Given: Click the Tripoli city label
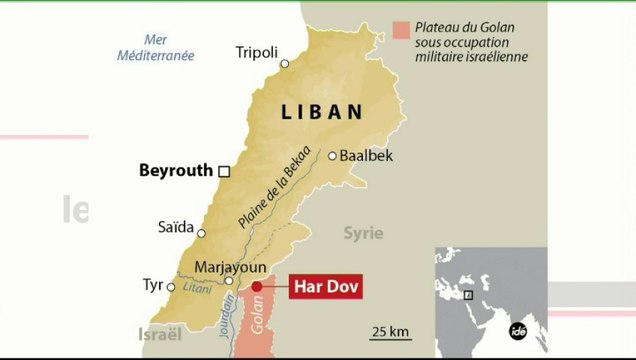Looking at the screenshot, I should coord(256,52).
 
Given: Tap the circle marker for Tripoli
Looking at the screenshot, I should coord(284,64).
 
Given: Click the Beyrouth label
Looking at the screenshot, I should coord(176,171).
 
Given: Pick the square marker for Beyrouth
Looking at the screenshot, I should coord(224,171).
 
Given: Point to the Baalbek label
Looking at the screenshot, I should coord(366,156).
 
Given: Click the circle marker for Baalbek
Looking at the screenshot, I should coord(332,155).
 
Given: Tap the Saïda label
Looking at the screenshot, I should coord(175,227).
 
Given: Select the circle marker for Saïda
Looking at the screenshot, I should coord(201,233).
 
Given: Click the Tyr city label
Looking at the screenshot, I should coord(152,285).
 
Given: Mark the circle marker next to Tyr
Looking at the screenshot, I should coord(171,287).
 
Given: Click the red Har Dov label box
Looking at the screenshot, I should coord(325,287).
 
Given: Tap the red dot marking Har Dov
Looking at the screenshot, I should coord(256,287).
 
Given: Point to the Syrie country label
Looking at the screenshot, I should coord(363,233).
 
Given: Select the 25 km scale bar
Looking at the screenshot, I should coord(391,337).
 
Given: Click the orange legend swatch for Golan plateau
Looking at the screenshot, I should coord(401,30).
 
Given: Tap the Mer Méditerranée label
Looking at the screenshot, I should coord(155,49).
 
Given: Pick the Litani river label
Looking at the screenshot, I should coord(196,287).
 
